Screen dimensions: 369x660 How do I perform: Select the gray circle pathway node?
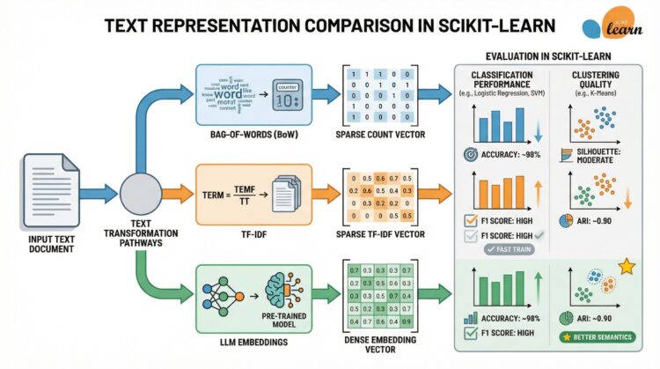(x=137, y=191)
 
